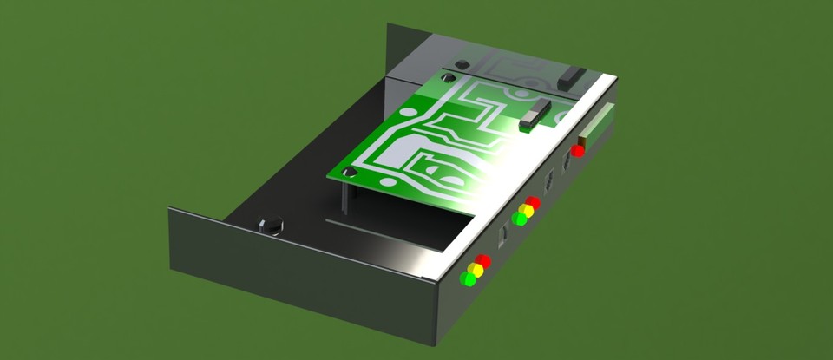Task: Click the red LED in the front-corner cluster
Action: pos(483,261)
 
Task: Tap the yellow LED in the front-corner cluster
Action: pos(476,270)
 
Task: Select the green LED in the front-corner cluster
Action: pos(469,278)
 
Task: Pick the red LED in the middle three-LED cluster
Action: pos(533,203)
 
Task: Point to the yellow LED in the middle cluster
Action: pos(526,211)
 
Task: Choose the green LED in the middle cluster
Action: pos(519,219)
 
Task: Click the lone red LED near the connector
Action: pos(578,151)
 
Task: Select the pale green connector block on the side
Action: pos(601,122)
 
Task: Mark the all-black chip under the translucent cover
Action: pos(572,77)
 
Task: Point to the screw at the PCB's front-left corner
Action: pos(351,173)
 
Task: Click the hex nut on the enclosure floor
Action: pos(272,226)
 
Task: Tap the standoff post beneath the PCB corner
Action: pos(347,196)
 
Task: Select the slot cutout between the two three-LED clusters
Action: pos(502,234)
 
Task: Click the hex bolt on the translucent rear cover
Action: pos(462,64)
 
